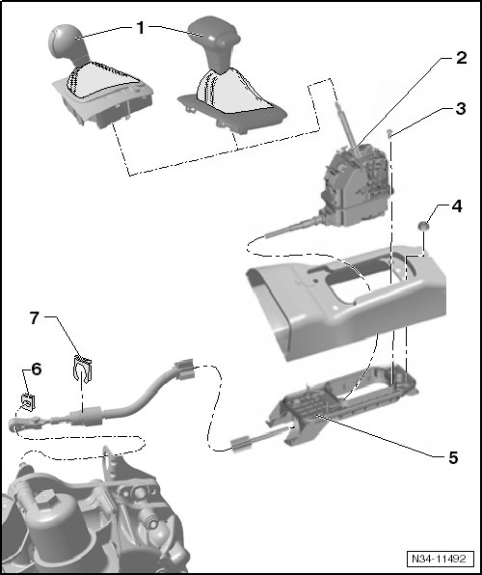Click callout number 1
click(x=141, y=28)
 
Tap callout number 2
click(x=461, y=58)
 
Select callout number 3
click(x=461, y=109)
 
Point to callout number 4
click(x=456, y=206)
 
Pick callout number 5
click(x=453, y=457)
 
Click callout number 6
click(x=37, y=370)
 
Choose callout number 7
click(x=34, y=318)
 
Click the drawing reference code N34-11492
click(x=440, y=559)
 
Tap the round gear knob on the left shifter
click(x=66, y=42)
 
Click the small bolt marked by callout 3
click(x=389, y=133)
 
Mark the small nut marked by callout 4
click(x=423, y=226)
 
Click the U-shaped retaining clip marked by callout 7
click(x=82, y=369)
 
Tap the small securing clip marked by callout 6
click(x=28, y=402)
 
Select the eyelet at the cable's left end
click(x=14, y=424)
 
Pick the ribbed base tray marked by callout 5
click(x=343, y=405)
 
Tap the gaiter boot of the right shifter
click(x=234, y=91)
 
